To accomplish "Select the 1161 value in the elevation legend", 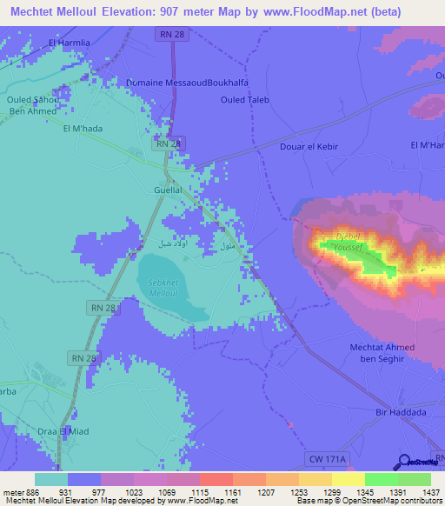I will [x=232, y=492].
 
